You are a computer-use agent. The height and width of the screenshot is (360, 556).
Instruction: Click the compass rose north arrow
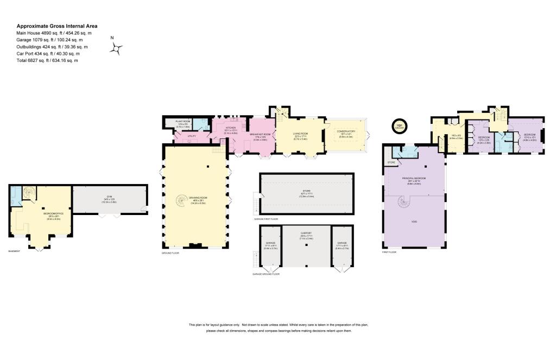(x=116, y=49)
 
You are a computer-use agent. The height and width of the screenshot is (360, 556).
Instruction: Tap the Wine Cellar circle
(x=400, y=125)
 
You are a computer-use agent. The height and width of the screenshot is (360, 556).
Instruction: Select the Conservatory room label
(x=346, y=131)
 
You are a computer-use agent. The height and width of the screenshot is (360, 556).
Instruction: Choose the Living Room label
(x=300, y=134)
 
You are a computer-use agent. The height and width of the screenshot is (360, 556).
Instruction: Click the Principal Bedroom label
(x=414, y=178)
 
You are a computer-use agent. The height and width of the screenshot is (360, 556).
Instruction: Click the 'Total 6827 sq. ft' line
(x=47, y=60)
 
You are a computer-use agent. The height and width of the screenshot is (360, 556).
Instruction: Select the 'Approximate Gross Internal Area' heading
(x=57, y=26)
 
